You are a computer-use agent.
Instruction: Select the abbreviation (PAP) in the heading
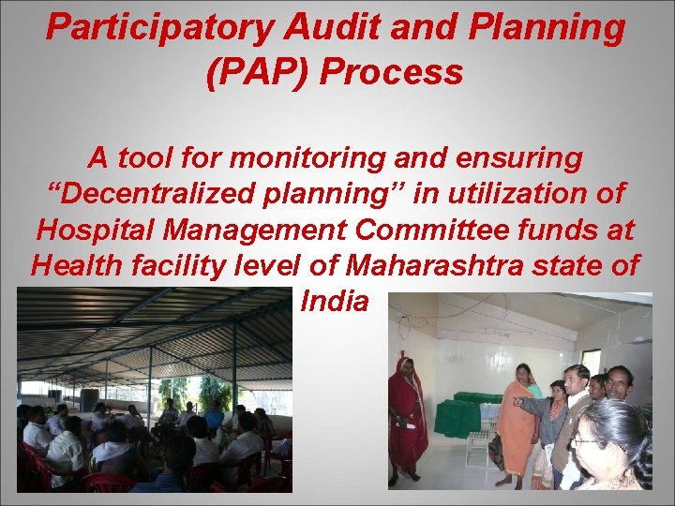pos(253,71)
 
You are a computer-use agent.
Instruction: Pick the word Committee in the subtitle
pos(433,230)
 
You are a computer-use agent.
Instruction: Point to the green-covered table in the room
pos(464,413)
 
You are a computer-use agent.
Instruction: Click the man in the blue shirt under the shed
pos(215,417)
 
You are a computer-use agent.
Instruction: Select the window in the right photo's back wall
pos(592,362)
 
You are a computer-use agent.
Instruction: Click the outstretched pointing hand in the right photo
pos(517,401)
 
